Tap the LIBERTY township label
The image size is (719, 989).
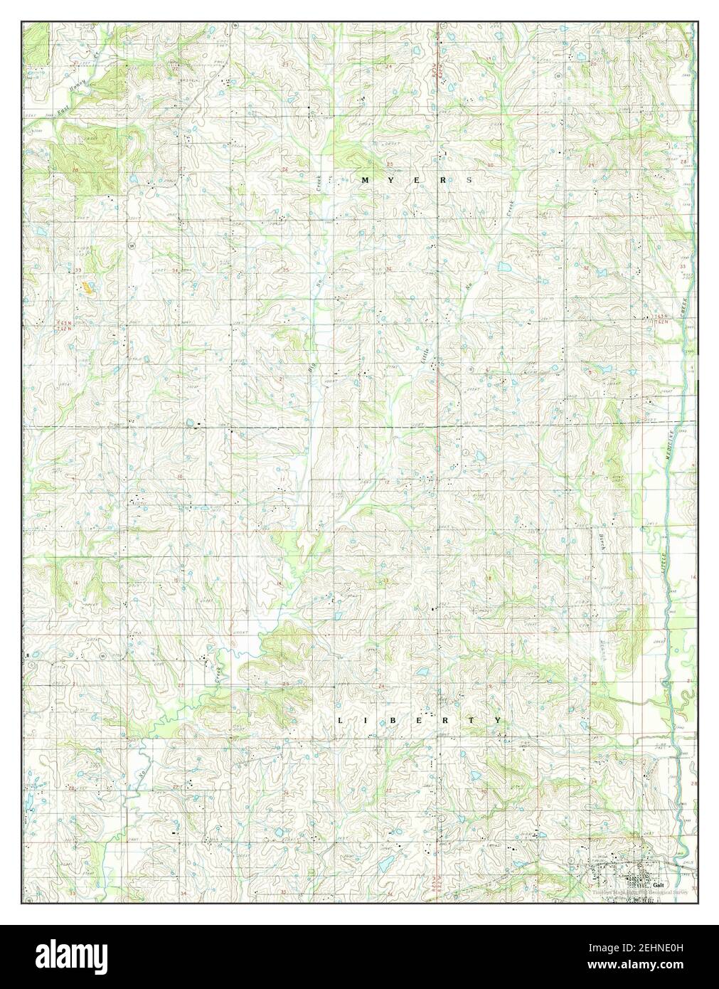tap(420, 720)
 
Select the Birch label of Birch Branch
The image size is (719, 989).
tap(599, 546)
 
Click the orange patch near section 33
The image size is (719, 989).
tap(87, 287)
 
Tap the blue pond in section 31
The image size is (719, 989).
tap(504, 267)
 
